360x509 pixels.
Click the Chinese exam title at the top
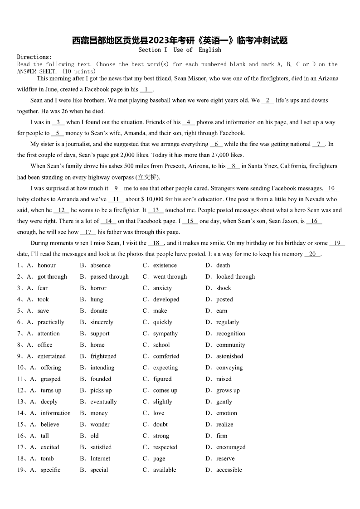coord(180,41)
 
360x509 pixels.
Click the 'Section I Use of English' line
coord(180,50)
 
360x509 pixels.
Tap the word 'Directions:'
coord(34,57)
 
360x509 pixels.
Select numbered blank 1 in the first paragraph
coord(146,89)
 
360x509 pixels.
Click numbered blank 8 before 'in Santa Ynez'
coord(234,166)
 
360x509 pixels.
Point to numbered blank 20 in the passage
coord(312,254)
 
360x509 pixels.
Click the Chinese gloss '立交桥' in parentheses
coord(148,177)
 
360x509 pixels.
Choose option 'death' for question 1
coord(223,265)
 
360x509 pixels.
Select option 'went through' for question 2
coord(170,276)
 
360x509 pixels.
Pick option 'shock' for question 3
coord(224,288)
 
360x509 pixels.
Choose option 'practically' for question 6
coord(51,322)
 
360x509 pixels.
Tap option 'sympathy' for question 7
coord(165,334)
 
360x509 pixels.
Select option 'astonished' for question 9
coord(229,356)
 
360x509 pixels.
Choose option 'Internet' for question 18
coord(100,458)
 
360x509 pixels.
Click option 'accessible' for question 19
coord(229,470)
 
